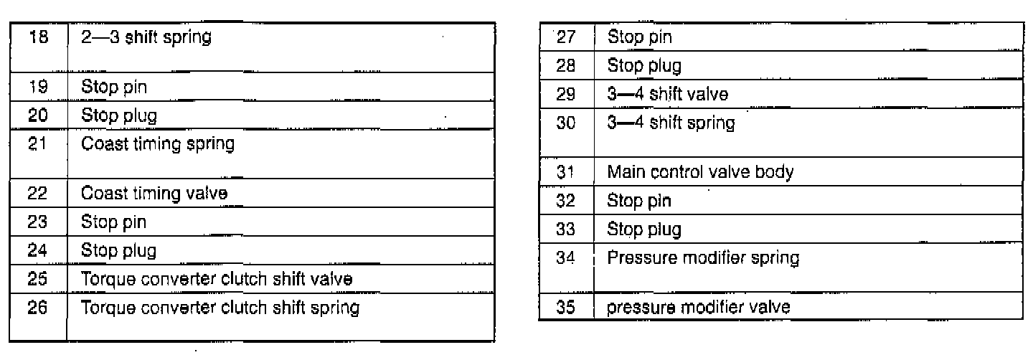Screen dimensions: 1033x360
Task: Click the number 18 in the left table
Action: [39, 37]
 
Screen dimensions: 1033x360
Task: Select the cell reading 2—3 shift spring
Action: [146, 37]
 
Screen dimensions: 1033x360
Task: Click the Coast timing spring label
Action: [158, 143]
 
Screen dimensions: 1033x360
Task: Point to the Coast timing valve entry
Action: [155, 193]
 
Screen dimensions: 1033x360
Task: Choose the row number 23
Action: [39, 222]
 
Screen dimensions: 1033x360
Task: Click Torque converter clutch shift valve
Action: [217, 280]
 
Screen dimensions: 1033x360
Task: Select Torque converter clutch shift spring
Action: [220, 308]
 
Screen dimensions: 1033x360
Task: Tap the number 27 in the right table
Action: [567, 37]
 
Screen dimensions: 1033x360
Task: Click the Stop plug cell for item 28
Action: [644, 66]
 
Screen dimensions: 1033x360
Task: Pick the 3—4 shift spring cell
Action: [671, 123]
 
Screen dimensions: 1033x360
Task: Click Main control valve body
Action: [699, 172]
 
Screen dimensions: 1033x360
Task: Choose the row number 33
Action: [567, 229]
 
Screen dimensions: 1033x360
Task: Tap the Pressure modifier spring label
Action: [703, 257]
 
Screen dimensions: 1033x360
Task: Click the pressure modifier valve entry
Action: [699, 308]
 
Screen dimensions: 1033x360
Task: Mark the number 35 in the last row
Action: [567, 308]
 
